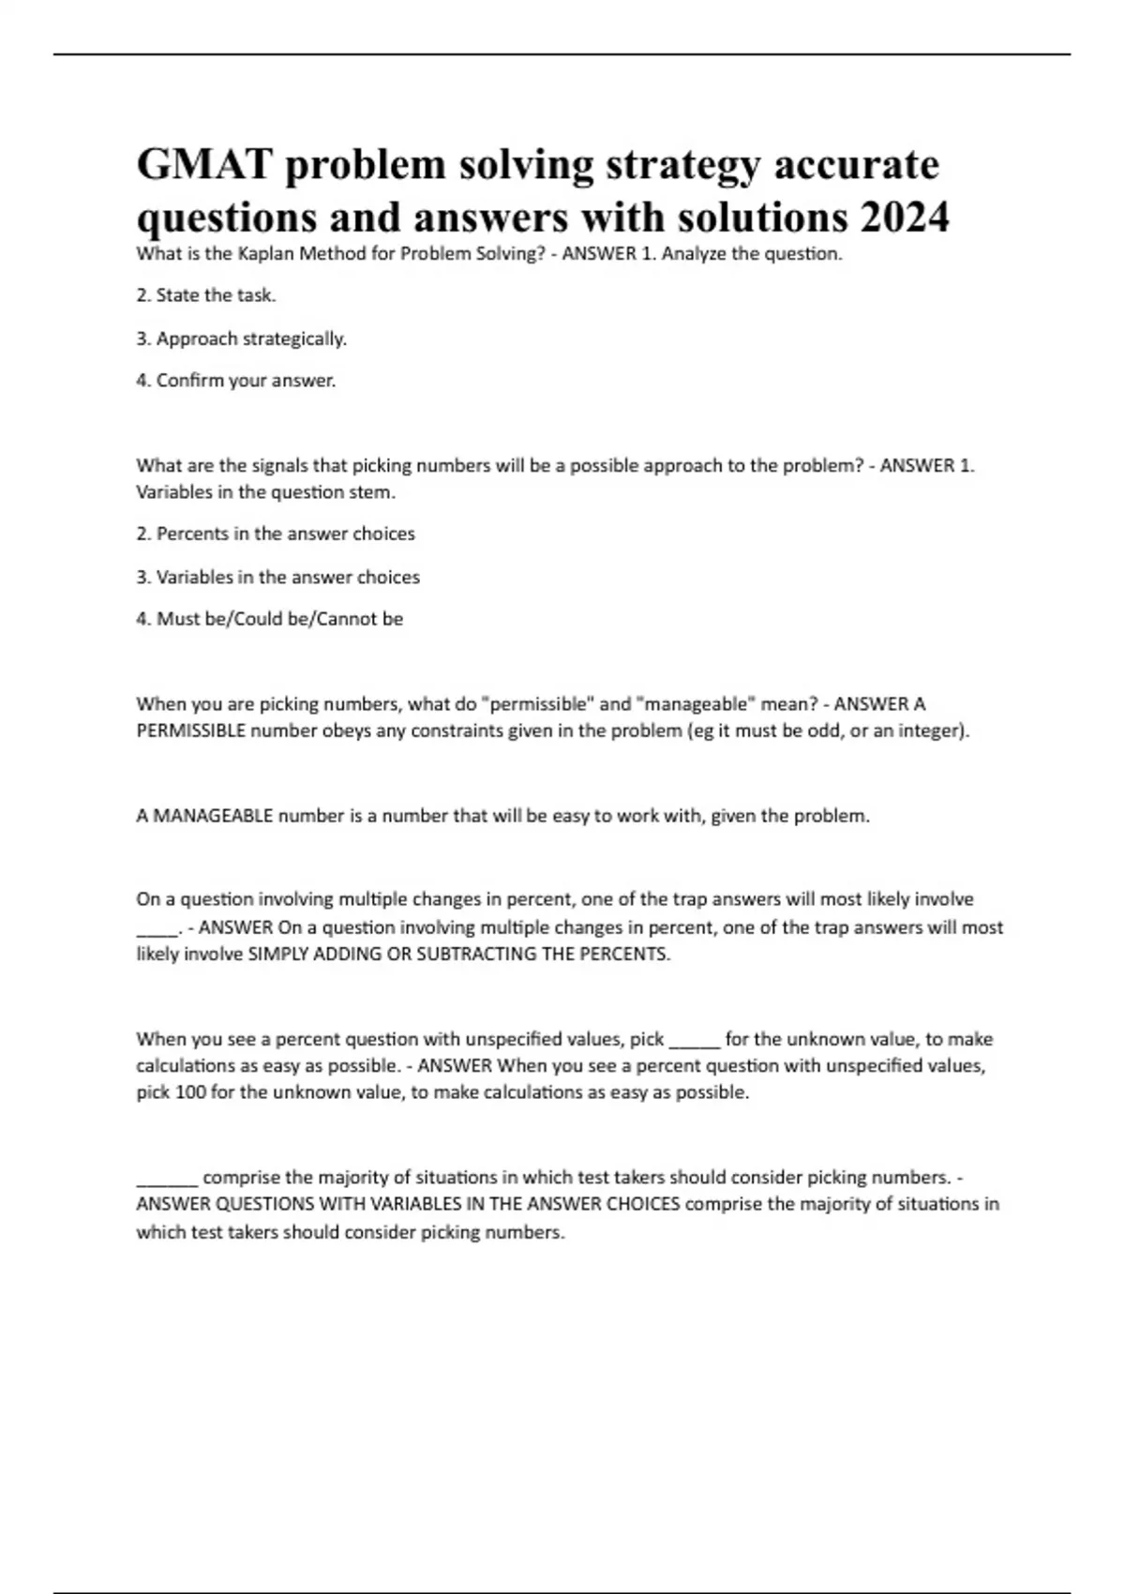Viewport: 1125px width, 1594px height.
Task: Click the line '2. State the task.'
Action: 206,295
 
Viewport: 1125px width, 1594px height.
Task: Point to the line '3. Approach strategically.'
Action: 242,338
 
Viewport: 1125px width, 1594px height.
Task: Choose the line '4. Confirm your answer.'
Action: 236,381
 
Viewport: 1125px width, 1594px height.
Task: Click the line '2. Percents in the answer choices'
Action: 276,534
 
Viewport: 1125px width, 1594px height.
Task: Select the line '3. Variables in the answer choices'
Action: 278,577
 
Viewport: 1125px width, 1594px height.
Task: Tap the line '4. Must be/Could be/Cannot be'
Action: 270,619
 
